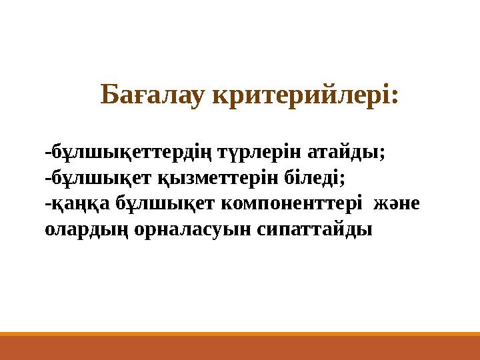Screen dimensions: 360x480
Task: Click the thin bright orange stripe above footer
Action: point(240,334)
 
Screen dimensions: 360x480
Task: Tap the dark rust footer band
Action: point(240,349)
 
